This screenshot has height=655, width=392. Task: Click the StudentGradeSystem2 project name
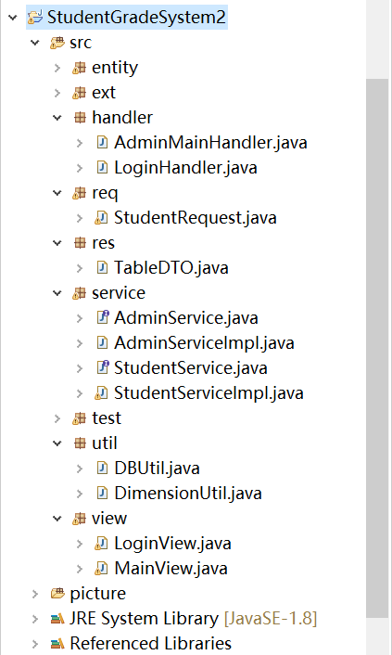point(136,17)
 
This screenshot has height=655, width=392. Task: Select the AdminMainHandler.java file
point(210,143)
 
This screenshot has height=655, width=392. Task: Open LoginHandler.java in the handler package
point(185,168)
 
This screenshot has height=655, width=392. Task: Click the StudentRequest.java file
point(195,218)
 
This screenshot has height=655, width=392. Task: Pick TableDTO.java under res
point(171,268)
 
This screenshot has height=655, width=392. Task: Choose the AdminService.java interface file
point(185,318)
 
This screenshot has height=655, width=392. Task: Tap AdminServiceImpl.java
point(204,343)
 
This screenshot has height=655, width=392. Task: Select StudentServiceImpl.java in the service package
point(209,393)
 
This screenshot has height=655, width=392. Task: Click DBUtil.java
point(157,469)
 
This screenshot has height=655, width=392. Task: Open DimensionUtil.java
point(188,494)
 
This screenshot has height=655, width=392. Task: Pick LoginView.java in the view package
point(172,544)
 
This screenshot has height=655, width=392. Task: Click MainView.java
point(171,569)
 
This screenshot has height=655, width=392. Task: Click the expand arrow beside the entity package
point(57,68)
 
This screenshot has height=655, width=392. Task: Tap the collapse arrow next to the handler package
point(57,118)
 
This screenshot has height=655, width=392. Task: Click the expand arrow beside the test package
point(57,418)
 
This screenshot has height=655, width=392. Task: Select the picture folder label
point(97,594)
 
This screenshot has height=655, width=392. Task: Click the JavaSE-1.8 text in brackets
point(271,619)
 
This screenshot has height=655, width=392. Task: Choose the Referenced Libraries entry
point(151,644)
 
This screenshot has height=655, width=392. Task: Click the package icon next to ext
point(80,93)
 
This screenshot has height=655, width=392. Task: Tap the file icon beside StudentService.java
point(102,367)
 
